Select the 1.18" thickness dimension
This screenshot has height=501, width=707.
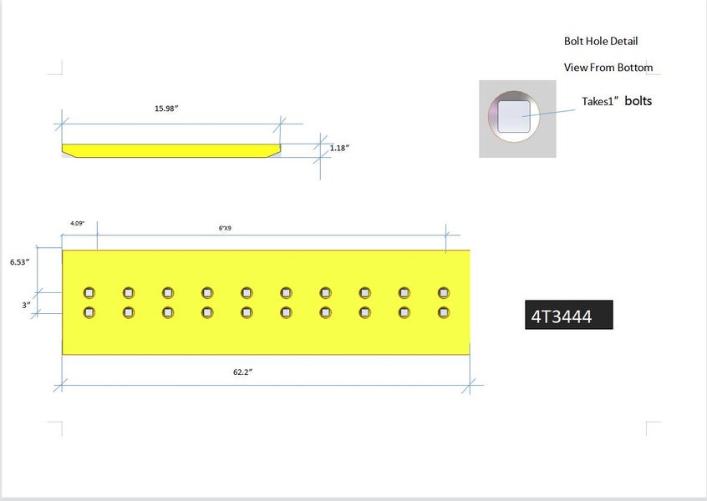[x=338, y=148]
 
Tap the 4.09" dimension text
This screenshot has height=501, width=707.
[x=77, y=223]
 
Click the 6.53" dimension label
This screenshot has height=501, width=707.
[x=20, y=261]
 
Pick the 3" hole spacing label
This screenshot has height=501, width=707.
[x=26, y=305]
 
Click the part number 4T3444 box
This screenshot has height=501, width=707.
[x=568, y=316]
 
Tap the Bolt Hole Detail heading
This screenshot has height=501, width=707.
[x=602, y=41]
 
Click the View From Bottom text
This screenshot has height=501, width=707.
[x=608, y=68]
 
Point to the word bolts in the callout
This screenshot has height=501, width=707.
[x=638, y=101]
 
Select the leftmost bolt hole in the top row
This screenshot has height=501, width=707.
[x=89, y=292]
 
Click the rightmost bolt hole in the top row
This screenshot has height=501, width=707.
[x=444, y=292]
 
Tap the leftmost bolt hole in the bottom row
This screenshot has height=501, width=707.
[x=89, y=312]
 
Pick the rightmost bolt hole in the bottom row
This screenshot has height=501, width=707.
[x=444, y=312]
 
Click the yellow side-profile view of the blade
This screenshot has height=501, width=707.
[x=171, y=149]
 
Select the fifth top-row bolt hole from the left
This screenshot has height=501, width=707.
[x=247, y=292]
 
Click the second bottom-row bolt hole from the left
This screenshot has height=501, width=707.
[x=129, y=312]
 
